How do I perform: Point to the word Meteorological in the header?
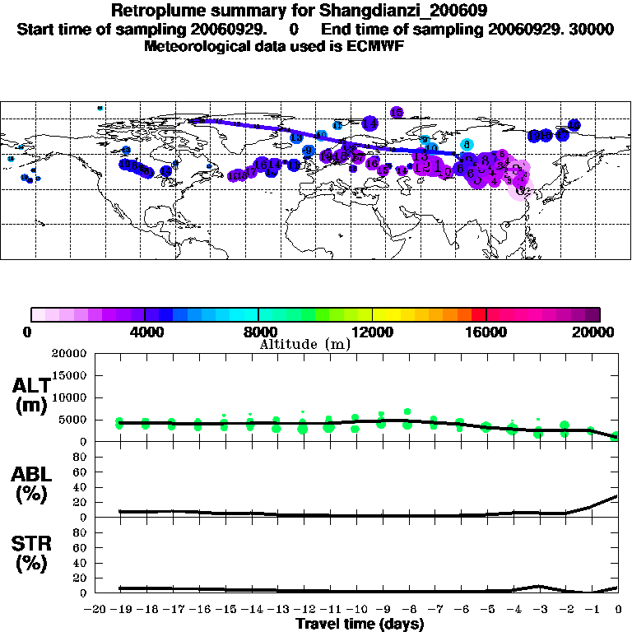point(196,46)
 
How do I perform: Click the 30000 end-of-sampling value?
point(592,30)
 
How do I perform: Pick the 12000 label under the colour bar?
point(373,332)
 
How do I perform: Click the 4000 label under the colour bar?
point(145,332)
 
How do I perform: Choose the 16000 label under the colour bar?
point(486,332)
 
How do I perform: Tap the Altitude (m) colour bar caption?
point(304,345)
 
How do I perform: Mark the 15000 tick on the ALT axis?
point(68,375)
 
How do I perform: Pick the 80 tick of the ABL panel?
point(81,457)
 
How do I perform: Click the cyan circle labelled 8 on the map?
point(466,144)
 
